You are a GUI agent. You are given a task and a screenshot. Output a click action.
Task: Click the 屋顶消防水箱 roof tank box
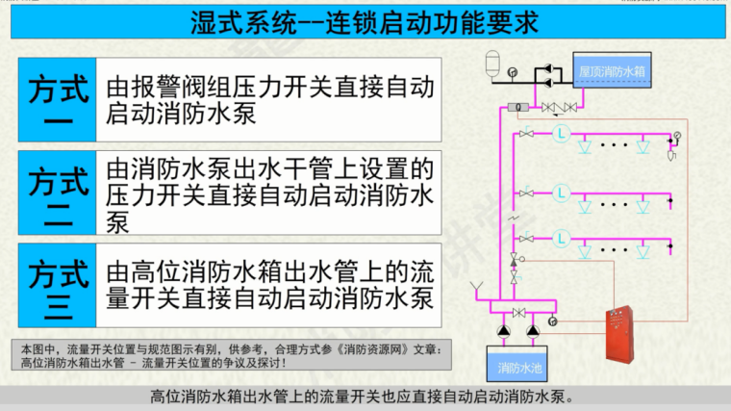tap(611, 71)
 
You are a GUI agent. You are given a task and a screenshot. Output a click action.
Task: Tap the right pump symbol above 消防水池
tap(533, 332)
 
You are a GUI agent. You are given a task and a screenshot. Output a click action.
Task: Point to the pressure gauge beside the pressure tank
tap(514, 70)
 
